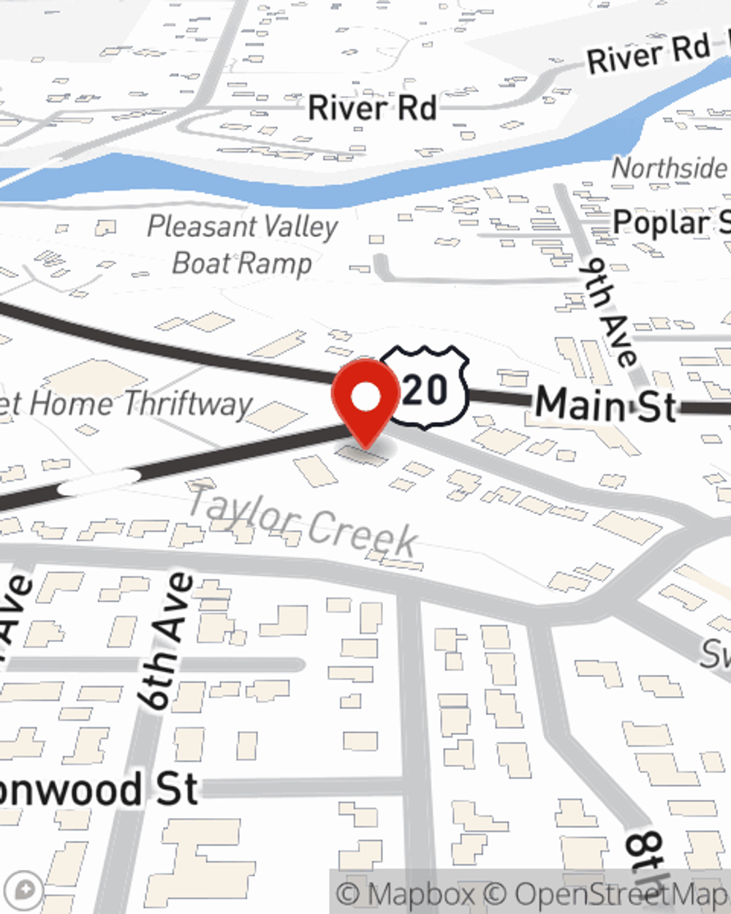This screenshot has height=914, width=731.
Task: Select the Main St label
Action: tap(605, 405)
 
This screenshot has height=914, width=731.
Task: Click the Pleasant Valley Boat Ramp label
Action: tap(242, 244)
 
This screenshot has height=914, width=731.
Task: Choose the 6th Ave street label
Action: tap(167, 641)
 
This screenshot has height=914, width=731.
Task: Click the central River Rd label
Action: tap(372, 108)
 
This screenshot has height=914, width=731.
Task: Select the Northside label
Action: tap(669, 168)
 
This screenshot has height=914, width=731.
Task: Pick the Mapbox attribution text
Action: tap(406, 894)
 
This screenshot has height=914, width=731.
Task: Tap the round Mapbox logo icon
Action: tap(26, 891)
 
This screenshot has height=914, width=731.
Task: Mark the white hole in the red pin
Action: tap(365, 397)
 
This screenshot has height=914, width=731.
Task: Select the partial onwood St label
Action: tap(99, 790)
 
